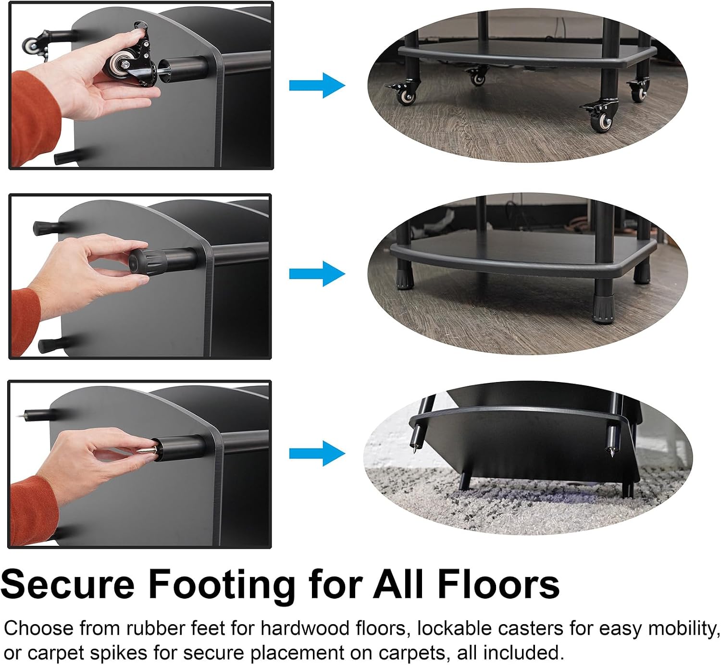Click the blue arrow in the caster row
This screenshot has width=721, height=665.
click(x=317, y=86)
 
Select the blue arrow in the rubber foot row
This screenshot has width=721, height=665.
click(x=317, y=274)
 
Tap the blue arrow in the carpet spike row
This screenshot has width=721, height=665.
click(x=317, y=454)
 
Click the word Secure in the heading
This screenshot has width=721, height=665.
click(x=68, y=585)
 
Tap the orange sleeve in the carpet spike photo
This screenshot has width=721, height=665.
click(x=33, y=511)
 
